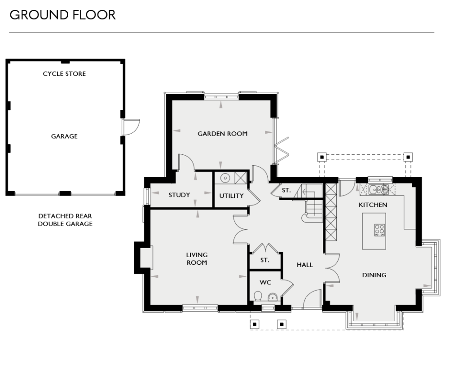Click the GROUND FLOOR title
click(x=62, y=15)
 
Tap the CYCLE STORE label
click(x=64, y=74)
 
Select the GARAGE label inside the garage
click(x=64, y=136)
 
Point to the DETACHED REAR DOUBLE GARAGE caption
click(x=65, y=219)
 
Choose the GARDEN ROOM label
click(x=223, y=133)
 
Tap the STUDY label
click(x=179, y=195)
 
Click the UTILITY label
click(x=231, y=196)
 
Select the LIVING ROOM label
click(x=197, y=259)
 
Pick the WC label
click(x=265, y=283)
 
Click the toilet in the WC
click(x=258, y=296)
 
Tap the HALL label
click(x=304, y=265)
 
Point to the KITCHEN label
click(x=373, y=205)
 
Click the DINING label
click(x=374, y=275)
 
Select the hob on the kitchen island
click(x=379, y=230)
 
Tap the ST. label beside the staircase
click(x=286, y=191)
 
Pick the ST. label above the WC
click(x=265, y=260)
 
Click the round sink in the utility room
click(x=224, y=178)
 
